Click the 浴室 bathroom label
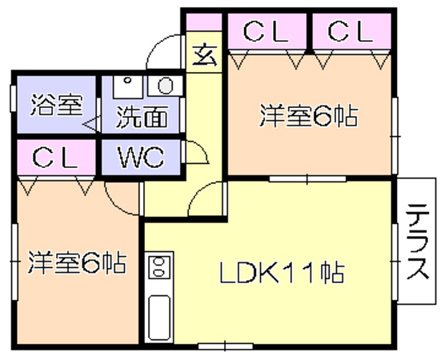[57, 105]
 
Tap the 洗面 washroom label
[142, 117]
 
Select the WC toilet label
[141, 157]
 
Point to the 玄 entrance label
[205, 55]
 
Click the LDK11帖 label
[282, 273]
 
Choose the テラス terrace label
[417, 242]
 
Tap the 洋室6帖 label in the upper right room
[308, 115]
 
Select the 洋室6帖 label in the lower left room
[77, 262]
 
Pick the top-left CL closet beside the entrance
[266, 31]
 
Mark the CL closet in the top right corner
[351, 31]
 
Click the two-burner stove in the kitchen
[159, 266]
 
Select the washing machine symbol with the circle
[165, 86]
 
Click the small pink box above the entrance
[203, 22]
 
